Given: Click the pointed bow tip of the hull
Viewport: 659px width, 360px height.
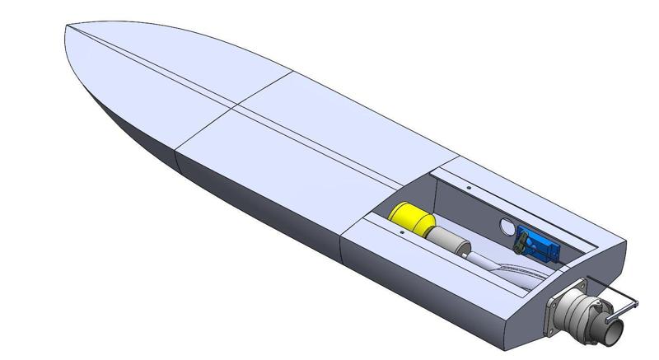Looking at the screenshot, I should click(67, 31).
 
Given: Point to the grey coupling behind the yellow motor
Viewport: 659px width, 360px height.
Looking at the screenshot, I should click(449, 241).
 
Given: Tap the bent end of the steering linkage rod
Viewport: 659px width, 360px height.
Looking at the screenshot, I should click(637, 306).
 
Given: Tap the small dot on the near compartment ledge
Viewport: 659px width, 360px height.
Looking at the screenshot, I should click(400, 232).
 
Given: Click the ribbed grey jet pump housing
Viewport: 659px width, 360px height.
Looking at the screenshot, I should click(587, 313).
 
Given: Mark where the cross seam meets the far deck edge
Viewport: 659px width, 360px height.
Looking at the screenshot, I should click(293, 72).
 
